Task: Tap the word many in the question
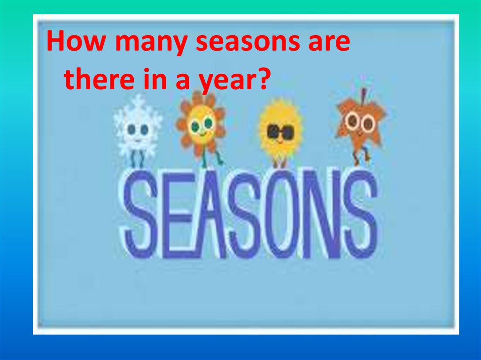tap(150, 44)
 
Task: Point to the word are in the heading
tap(329, 44)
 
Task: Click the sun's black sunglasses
tap(280, 132)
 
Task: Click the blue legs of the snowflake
tap(136, 160)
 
